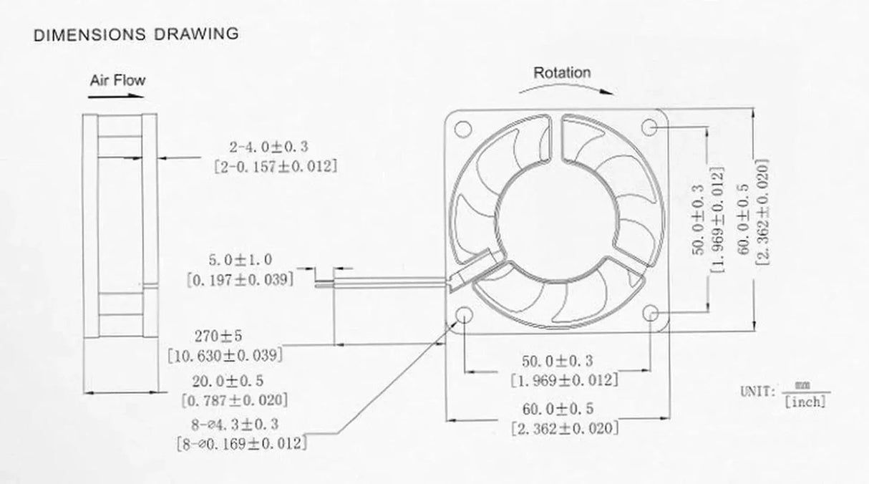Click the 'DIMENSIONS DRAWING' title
pyautogui.click(x=136, y=34)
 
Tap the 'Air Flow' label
pyautogui.click(x=117, y=79)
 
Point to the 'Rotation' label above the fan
pyautogui.click(x=562, y=72)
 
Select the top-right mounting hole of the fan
pyautogui.click(x=651, y=127)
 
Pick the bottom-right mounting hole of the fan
pyautogui.click(x=651, y=315)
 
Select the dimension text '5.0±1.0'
pyautogui.click(x=240, y=259)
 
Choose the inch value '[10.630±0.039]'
pyautogui.click(x=225, y=355)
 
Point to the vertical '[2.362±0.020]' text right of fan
pyautogui.click(x=762, y=213)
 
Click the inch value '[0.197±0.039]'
pyautogui.click(x=240, y=279)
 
